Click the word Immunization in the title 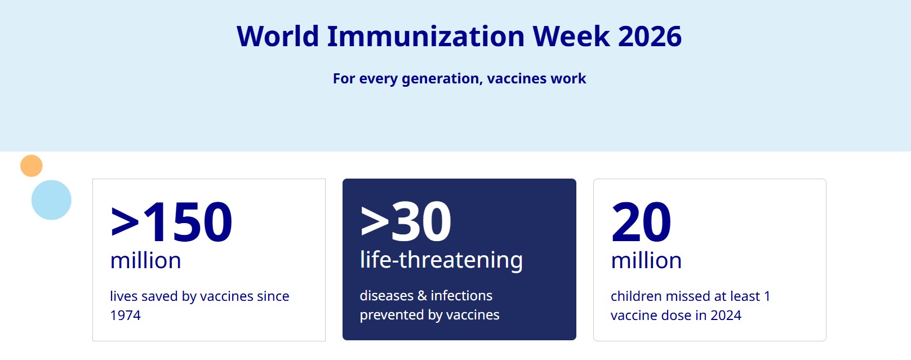pos(426,36)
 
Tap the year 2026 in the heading pos(650,36)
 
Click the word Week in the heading pos(571,36)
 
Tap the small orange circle pos(32,166)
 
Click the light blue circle pos(51,200)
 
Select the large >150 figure pos(171,222)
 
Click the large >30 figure pos(406,222)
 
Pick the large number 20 pos(641,222)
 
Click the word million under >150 pos(145,260)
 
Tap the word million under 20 pos(646,260)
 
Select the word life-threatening pos(441,260)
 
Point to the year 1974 pos(125,315)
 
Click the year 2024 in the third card pos(726,315)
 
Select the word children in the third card pos(637,296)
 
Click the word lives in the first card pos(123,296)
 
